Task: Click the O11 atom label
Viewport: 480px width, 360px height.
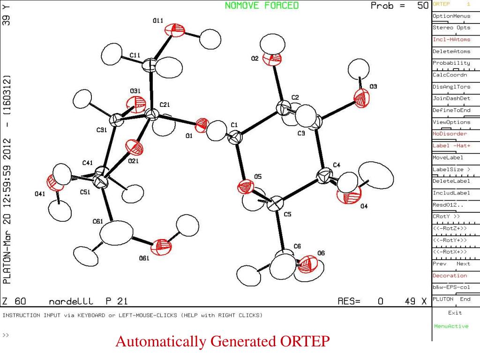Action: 158,21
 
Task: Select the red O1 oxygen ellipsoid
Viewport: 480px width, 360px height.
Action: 202,125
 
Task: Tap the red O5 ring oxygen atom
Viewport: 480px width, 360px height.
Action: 244,187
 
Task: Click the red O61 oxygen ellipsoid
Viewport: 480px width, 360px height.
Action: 162,245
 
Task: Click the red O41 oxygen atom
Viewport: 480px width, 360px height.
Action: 55,183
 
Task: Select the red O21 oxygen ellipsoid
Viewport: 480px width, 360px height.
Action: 135,149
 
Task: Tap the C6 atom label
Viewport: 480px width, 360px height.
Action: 297,246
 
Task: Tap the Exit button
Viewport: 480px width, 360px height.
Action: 455,313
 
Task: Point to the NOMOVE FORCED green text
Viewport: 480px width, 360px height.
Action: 262,6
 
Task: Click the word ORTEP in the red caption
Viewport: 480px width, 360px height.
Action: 306,342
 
